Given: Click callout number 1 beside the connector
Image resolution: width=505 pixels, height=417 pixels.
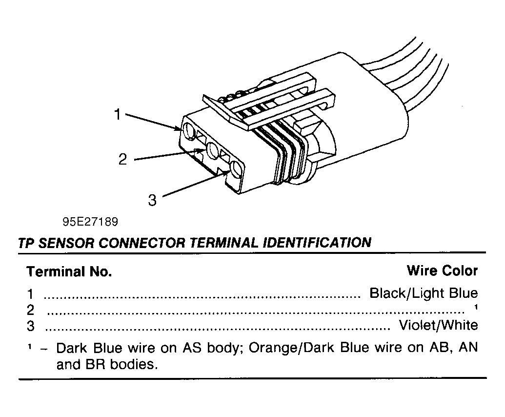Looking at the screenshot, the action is pyautogui.click(x=118, y=114).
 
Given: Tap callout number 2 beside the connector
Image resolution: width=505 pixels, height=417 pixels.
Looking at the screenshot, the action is pyautogui.click(x=122, y=159).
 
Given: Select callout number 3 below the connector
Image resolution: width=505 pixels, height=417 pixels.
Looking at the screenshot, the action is pyautogui.click(x=152, y=200).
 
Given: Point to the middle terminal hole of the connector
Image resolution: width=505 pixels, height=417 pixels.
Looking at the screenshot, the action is pyautogui.click(x=213, y=150).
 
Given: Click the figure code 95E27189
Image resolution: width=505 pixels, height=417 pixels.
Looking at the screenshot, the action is pyautogui.click(x=90, y=222).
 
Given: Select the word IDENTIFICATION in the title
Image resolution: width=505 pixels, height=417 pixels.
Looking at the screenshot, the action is pyautogui.click(x=317, y=242).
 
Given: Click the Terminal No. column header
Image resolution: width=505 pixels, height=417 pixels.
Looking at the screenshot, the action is pyautogui.click(x=69, y=271).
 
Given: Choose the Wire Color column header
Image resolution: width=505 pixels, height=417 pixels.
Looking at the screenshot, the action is pyautogui.click(x=442, y=271).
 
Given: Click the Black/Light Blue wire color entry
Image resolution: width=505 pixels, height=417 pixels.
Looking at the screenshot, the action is pyautogui.click(x=424, y=293).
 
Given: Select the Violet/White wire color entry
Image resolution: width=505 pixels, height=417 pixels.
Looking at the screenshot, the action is pyautogui.click(x=438, y=325).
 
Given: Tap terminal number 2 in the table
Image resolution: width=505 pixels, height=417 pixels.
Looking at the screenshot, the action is pyautogui.click(x=30, y=310).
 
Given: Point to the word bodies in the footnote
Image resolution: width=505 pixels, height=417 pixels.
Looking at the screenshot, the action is pyautogui.click(x=134, y=364).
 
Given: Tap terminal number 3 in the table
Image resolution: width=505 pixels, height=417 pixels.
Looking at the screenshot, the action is pyautogui.click(x=31, y=326).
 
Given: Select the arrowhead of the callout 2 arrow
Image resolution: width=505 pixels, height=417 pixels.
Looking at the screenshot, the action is pyautogui.click(x=202, y=150).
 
